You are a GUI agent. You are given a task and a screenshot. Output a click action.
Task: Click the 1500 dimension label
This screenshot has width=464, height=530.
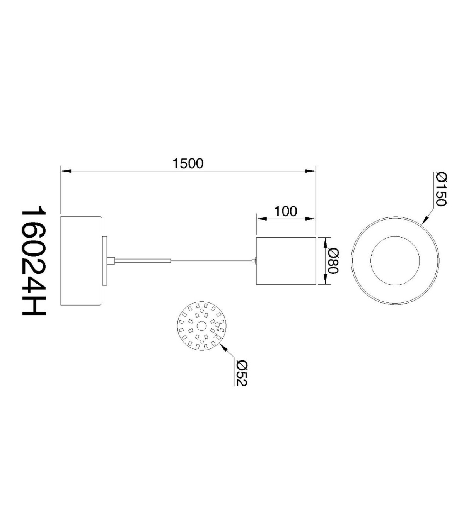tap(188, 163)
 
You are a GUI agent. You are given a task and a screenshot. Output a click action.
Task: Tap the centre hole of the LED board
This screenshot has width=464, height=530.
tap(201, 326)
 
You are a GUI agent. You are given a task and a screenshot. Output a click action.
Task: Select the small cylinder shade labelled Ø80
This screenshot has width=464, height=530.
tap(286, 261)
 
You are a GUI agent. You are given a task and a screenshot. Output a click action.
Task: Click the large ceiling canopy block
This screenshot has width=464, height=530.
tap(82, 261)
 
